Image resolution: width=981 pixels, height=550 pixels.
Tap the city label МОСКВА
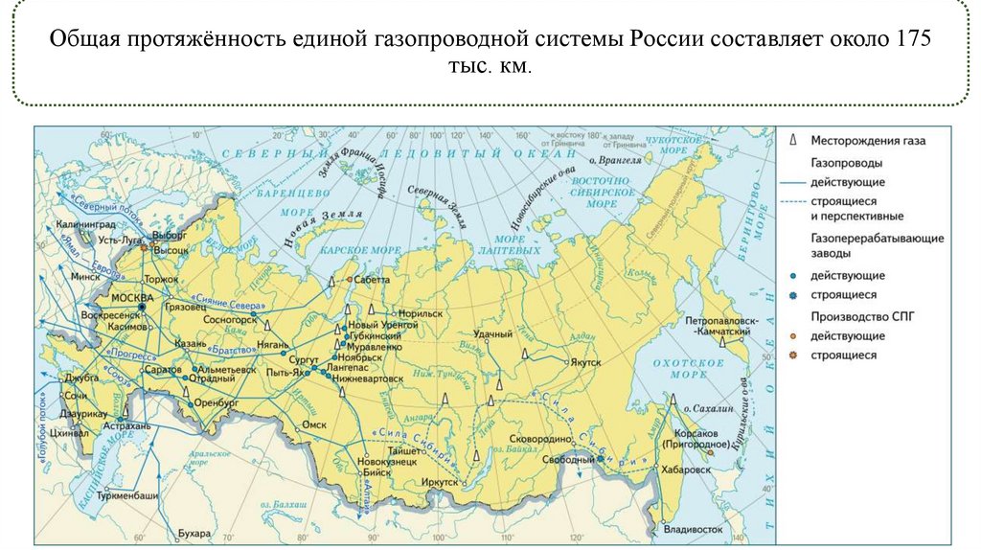[131, 297]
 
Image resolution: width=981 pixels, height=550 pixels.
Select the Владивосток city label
[696, 529]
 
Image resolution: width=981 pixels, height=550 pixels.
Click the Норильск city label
[419, 313]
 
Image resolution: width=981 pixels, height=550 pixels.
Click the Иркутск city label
[441, 483]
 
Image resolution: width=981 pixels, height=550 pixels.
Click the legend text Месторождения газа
[868, 141]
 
